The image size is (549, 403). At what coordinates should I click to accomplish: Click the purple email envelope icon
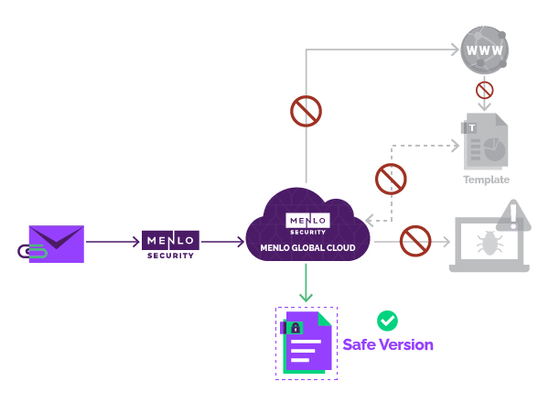tap(57, 243)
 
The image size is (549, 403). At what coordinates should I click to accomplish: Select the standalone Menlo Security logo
tap(170, 244)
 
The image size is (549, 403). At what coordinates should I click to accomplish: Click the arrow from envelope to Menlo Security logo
tap(113, 243)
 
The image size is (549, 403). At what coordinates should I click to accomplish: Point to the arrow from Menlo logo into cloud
tap(222, 243)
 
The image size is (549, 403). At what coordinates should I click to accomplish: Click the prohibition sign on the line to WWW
tap(306, 111)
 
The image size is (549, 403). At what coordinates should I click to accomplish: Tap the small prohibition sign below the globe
tap(485, 91)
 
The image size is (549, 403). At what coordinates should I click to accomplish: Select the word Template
tap(486, 180)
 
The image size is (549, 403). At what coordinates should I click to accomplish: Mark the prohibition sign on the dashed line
tap(391, 177)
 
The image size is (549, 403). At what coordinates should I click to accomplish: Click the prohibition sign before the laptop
tap(415, 242)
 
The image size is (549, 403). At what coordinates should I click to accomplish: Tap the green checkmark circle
tap(388, 321)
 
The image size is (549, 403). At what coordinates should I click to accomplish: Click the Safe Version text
tap(388, 345)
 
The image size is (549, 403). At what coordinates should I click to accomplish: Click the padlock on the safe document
tap(295, 327)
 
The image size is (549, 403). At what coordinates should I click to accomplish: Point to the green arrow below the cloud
tap(307, 284)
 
